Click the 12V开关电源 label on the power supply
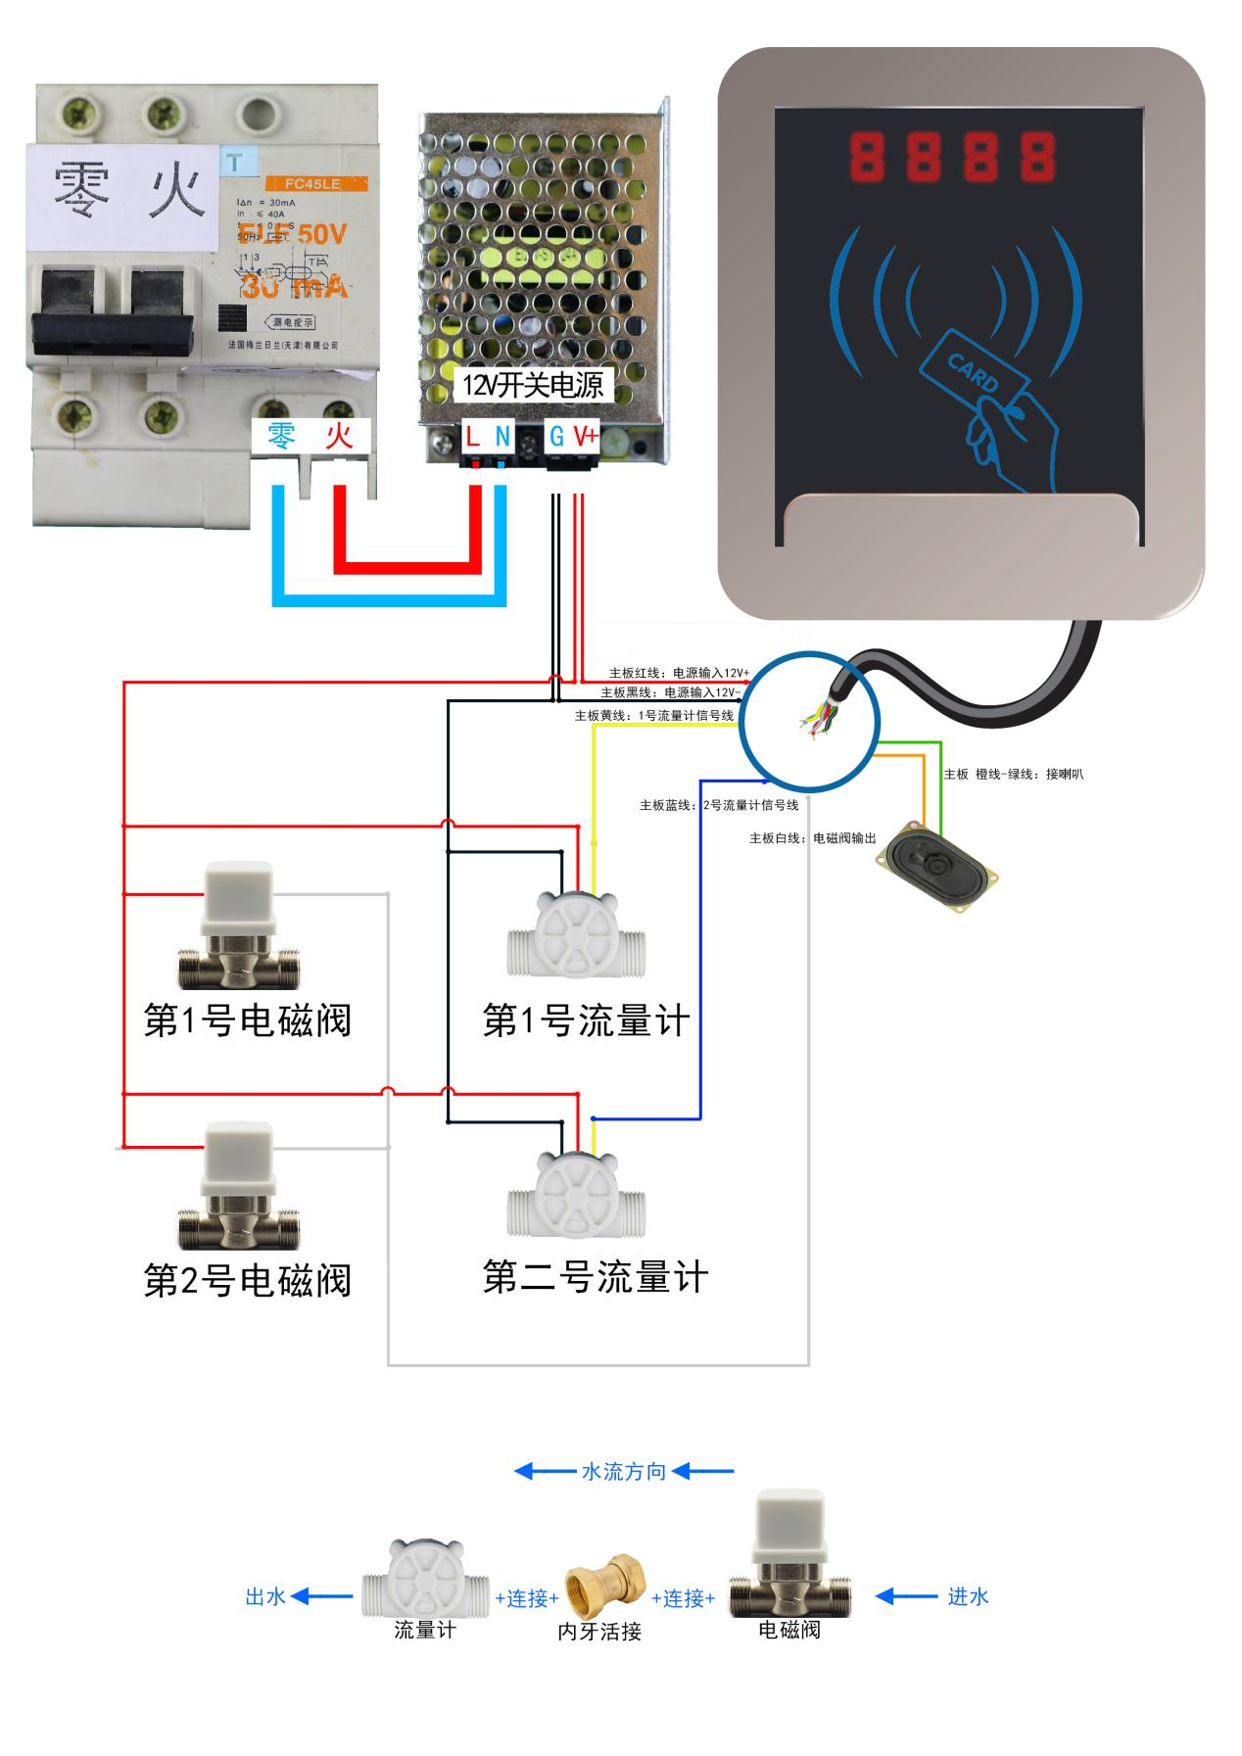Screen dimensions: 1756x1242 [x=533, y=385]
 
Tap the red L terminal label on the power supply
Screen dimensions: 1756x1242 [x=473, y=436]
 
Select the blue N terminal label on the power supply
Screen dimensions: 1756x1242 [x=502, y=436]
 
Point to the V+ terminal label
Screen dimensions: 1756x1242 [x=586, y=436]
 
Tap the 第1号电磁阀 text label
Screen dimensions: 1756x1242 [x=247, y=1020]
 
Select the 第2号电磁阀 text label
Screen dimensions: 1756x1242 [x=247, y=1280]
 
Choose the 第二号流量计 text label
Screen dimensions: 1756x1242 [x=595, y=1277]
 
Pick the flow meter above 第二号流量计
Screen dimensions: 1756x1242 [x=577, y=1196]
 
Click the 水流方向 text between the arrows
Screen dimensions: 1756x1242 [x=624, y=1471]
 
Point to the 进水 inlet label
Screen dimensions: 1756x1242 [x=968, y=1596]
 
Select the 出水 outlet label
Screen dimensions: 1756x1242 [x=264, y=1596]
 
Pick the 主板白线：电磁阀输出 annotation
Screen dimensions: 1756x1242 [x=813, y=838]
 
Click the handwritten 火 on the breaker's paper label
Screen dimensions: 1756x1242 [x=178, y=191]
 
